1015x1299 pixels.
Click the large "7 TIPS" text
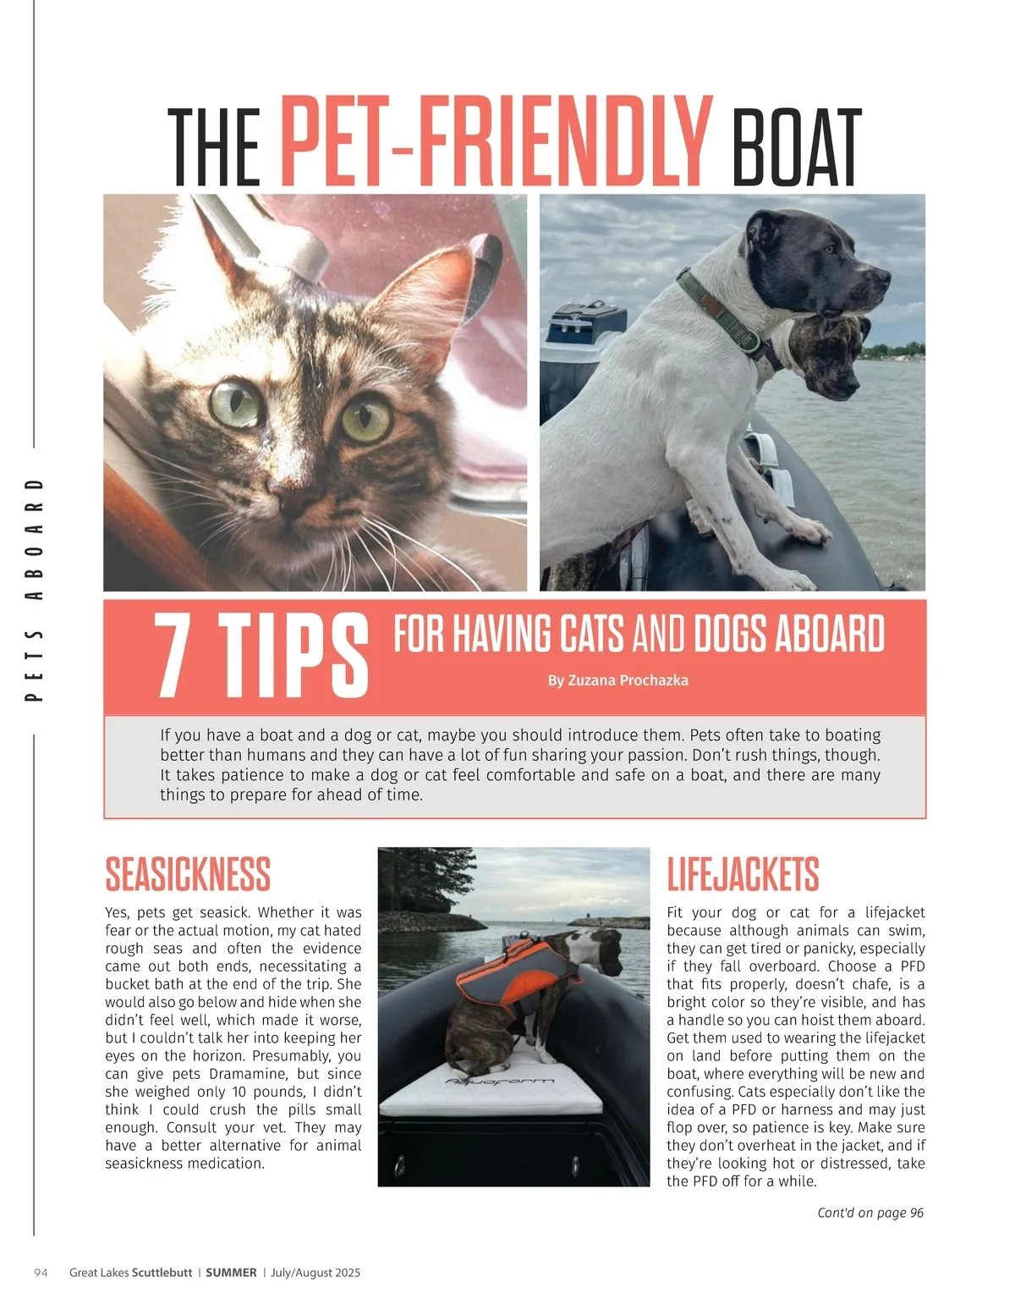click(x=261, y=655)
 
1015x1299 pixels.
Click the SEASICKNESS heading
click(x=188, y=875)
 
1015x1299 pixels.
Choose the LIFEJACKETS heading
click(x=743, y=875)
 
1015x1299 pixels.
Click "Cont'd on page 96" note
click(x=870, y=1213)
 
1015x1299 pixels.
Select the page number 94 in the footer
click(x=41, y=1273)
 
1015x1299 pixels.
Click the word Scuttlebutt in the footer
click(x=162, y=1273)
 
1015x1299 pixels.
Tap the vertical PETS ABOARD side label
click(x=35, y=590)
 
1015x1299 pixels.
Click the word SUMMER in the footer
click(x=231, y=1273)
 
